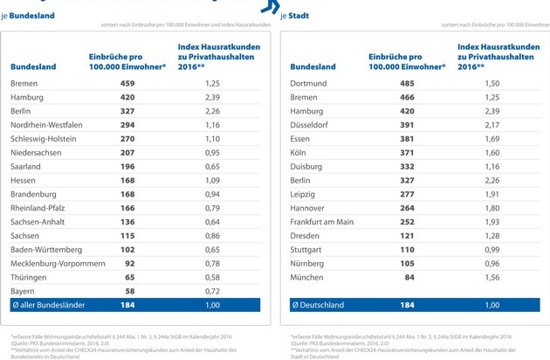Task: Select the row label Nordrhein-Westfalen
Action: pyautogui.click(x=46, y=125)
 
